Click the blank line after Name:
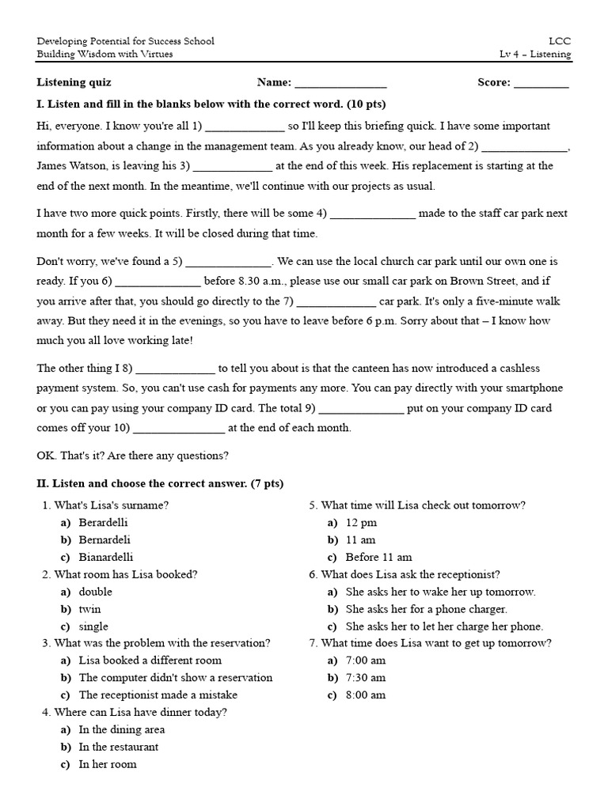click(340, 83)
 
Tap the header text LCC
click(559, 40)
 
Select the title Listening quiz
click(74, 82)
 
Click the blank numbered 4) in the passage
click(372, 214)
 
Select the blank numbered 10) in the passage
click(179, 429)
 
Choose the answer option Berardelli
click(103, 523)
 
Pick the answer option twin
click(89, 610)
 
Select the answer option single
click(93, 626)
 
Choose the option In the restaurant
click(118, 748)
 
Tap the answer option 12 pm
click(361, 523)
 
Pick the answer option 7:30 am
click(366, 678)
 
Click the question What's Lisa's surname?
click(111, 505)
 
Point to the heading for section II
click(160, 484)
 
